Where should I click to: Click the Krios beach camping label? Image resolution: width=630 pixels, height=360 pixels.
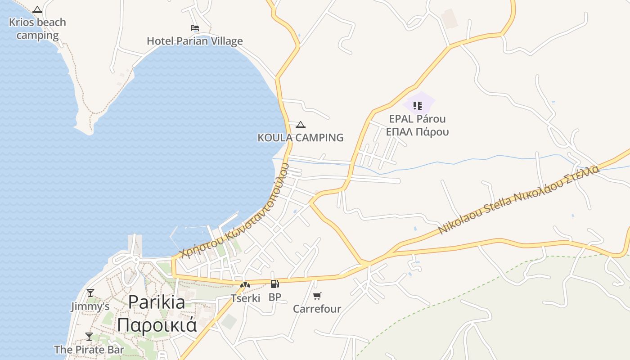pyautogui.click(x=37, y=29)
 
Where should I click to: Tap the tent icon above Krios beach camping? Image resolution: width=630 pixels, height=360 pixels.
pyautogui.click(x=37, y=9)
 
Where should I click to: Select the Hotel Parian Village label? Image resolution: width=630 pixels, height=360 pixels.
pyautogui.click(x=194, y=41)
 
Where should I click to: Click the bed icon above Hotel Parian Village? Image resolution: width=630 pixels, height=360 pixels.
pyautogui.click(x=194, y=28)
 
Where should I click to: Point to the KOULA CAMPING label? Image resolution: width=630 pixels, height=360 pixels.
pyautogui.click(x=300, y=138)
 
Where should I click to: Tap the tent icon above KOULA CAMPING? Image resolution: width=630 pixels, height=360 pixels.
pyautogui.click(x=300, y=125)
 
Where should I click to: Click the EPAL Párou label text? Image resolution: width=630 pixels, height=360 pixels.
pyautogui.click(x=417, y=119)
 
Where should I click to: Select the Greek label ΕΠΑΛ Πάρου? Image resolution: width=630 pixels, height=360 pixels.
pyautogui.click(x=417, y=132)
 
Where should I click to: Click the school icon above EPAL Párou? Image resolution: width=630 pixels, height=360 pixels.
pyautogui.click(x=417, y=106)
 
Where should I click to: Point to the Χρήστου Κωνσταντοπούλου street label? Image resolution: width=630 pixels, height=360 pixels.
pyautogui.click(x=234, y=211)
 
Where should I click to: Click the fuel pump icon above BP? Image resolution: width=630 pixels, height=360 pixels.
pyautogui.click(x=274, y=284)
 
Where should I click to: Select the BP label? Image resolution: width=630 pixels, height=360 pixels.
pyautogui.click(x=274, y=297)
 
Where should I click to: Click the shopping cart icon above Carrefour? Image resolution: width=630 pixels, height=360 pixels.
pyautogui.click(x=317, y=296)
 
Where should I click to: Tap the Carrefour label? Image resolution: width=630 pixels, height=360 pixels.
pyautogui.click(x=317, y=309)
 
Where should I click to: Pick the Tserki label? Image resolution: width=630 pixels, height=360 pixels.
pyautogui.click(x=245, y=298)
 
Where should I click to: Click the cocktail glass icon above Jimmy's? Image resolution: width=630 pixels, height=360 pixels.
pyautogui.click(x=90, y=293)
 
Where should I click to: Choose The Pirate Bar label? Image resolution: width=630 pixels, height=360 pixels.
pyautogui.click(x=89, y=350)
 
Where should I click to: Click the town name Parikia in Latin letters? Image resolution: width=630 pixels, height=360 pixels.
pyautogui.click(x=156, y=302)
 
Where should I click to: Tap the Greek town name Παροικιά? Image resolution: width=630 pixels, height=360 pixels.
pyautogui.click(x=157, y=324)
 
